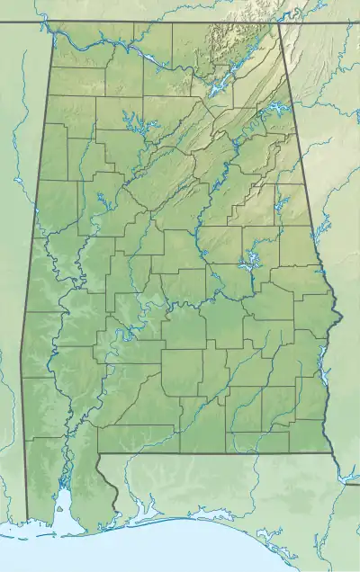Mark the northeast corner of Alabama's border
(x=278, y=22)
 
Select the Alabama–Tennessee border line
(x=162, y=21)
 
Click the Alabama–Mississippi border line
(x=27, y=360)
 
